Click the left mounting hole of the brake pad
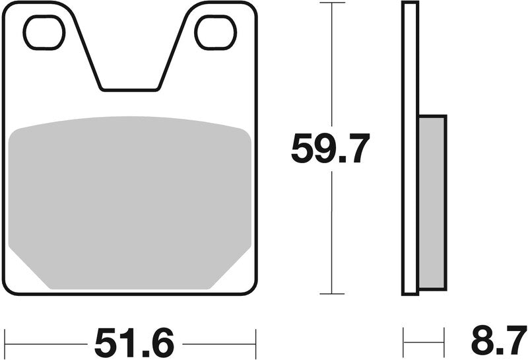point(44,32)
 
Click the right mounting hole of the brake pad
point(216,32)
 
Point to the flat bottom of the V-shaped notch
point(130,89)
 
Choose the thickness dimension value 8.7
point(498,343)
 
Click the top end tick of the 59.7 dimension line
point(332,3)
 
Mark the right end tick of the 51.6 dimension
point(255,343)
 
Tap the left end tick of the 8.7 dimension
point(403,343)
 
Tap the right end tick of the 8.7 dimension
point(445,343)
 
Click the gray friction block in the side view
point(432,201)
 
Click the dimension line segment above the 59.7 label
point(332,66)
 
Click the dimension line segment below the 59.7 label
point(332,231)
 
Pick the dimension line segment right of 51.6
point(218,343)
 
